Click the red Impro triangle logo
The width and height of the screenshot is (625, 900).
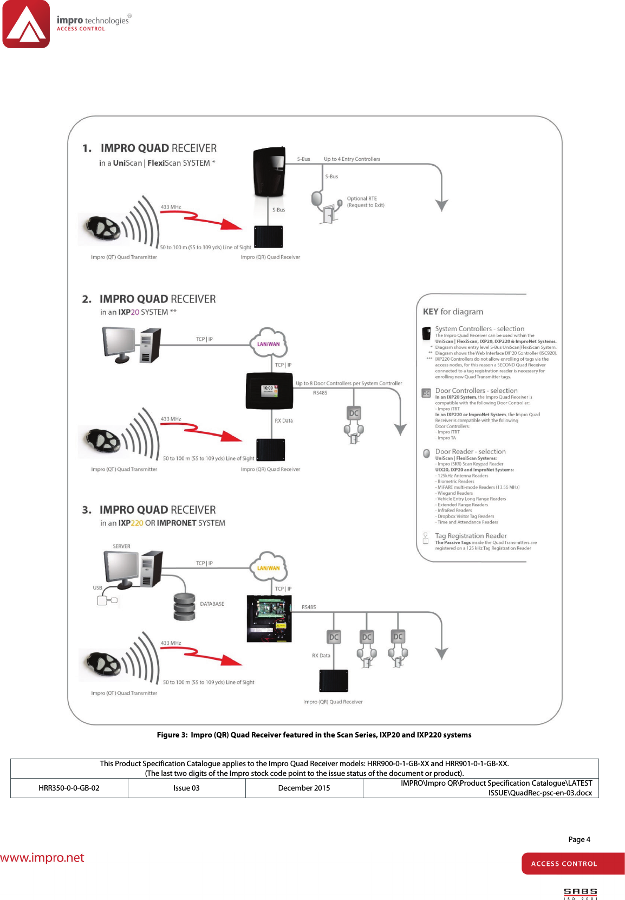(26, 24)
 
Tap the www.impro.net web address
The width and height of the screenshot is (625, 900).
(42, 858)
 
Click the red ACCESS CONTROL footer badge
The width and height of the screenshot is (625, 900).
(572, 864)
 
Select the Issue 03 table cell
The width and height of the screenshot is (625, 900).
(186, 788)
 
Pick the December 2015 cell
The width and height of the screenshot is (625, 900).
(304, 788)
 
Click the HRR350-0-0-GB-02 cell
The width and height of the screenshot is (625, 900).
(69, 788)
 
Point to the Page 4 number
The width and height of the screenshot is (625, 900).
(579, 839)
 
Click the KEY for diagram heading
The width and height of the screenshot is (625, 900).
(453, 312)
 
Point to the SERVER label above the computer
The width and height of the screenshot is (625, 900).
(121, 546)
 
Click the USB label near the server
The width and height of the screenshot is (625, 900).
(97, 588)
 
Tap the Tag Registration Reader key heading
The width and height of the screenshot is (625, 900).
(471, 536)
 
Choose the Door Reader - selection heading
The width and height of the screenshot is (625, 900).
(470, 451)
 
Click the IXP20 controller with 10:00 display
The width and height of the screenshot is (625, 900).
(269, 391)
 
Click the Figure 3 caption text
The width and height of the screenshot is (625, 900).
(314, 735)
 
